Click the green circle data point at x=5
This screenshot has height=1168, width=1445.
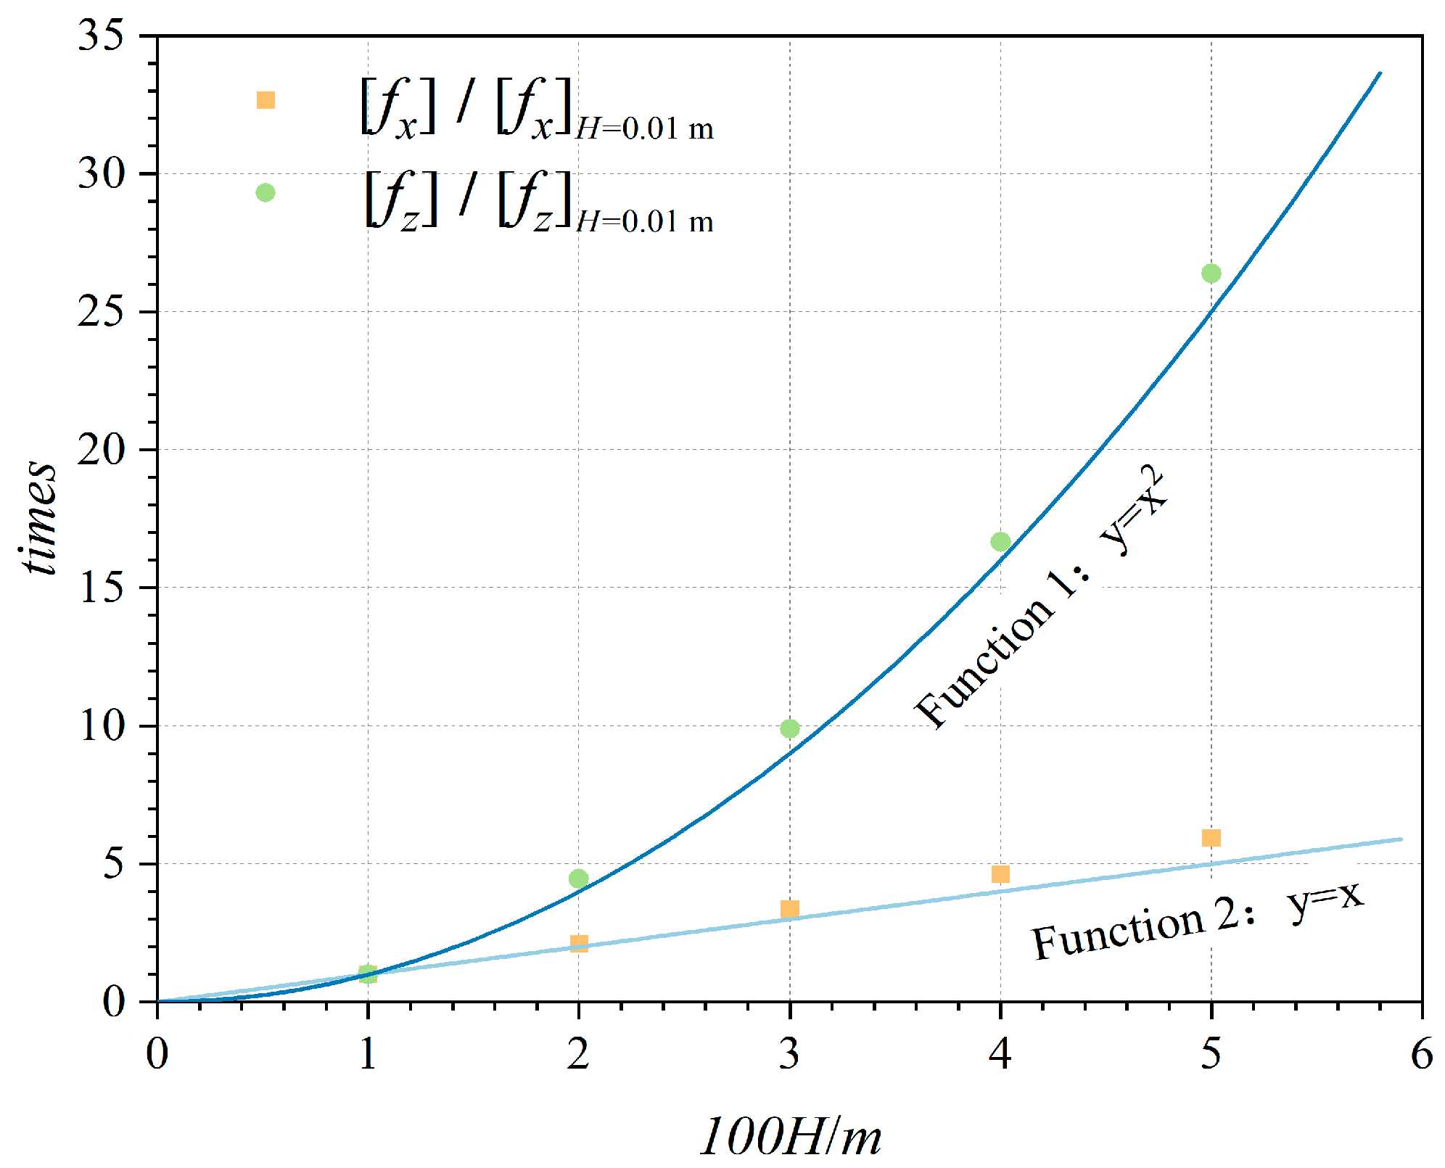(1211, 274)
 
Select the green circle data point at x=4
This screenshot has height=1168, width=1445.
(1000, 541)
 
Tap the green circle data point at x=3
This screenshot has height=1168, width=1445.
(790, 728)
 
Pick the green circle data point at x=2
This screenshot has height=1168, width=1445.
(578, 879)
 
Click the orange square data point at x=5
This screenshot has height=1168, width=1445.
(1211, 838)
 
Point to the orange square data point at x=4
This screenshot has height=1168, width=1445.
(1000, 874)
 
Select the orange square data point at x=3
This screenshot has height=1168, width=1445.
(790, 909)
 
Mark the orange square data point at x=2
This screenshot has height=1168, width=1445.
(579, 944)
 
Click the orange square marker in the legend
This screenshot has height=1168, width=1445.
(265, 100)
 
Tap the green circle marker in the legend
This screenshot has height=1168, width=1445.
(265, 192)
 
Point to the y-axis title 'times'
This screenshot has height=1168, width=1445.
(38, 519)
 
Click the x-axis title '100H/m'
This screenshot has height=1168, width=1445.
(791, 1136)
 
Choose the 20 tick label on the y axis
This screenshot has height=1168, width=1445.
(101, 450)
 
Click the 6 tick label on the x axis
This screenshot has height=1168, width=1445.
(1421, 1053)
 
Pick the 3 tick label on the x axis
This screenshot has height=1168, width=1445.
(789, 1053)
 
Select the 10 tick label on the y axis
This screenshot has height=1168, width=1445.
(102, 726)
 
